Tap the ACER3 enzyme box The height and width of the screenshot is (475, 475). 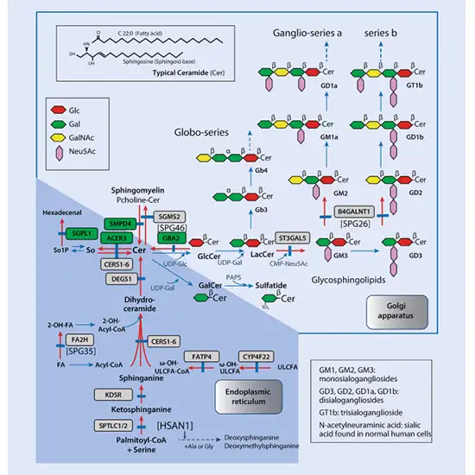[x=117, y=236]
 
